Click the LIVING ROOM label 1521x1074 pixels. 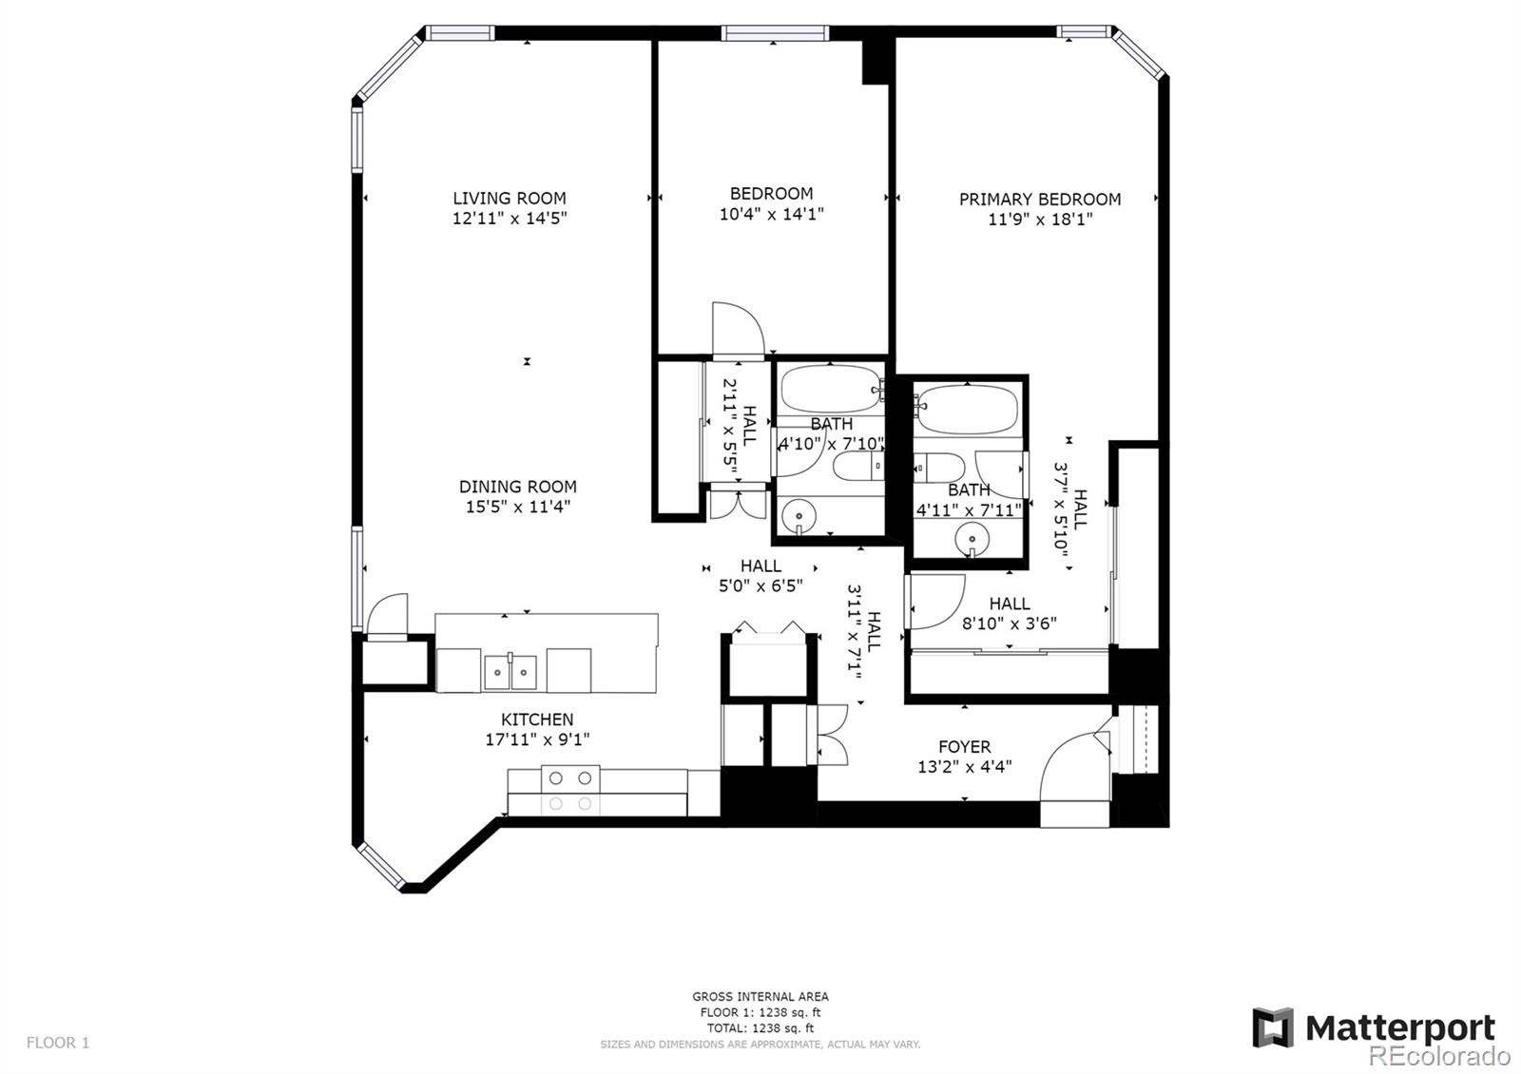(509, 198)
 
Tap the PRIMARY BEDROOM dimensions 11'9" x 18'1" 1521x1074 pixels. (1039, 220)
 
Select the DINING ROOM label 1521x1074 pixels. (517, 487)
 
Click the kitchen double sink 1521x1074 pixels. (510, 672)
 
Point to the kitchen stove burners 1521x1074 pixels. (570, 789)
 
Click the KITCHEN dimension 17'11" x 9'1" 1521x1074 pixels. (537, 739)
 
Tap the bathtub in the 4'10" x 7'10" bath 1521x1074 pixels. (831, 388)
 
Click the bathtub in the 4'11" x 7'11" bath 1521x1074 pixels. (968, 409)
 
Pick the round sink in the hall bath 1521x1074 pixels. (799, 517)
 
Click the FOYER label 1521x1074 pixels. (964, 747)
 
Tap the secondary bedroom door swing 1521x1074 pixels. (738, 328)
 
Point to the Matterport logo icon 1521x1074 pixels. (1272, 1027)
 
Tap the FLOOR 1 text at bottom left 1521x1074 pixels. (58, 1043)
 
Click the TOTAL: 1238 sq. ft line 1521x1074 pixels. (760, 1027)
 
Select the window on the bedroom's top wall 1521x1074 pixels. (775, 33)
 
